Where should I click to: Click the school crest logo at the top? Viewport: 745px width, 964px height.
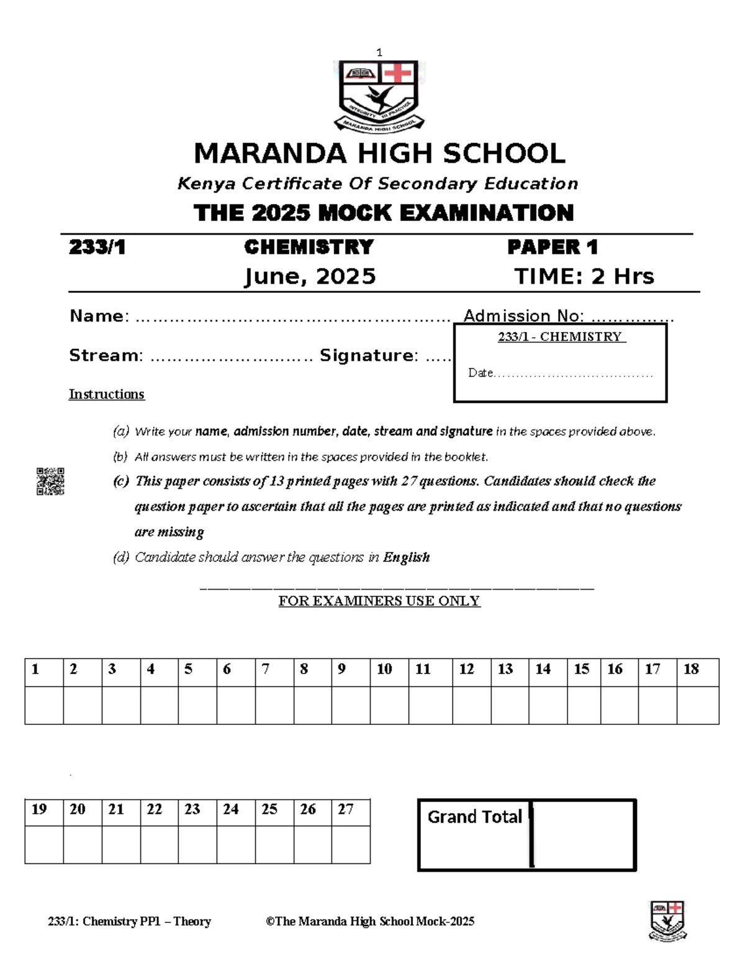coord(379,95)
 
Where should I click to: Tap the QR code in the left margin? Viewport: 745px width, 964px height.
coord(50,482)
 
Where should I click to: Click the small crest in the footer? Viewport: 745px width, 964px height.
coord(667,921)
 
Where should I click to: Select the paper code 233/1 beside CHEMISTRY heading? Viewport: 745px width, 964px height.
coord(97,247)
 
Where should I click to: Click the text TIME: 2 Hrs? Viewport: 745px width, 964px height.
coord(584,276)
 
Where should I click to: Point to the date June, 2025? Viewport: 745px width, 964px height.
coord(310,276)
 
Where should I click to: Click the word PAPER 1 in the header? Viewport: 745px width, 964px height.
coord(552,247)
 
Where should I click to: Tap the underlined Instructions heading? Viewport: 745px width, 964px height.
coord(106,394)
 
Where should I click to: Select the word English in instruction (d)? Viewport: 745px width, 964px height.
coord(406,557)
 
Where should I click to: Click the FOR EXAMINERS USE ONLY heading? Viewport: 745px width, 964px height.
coord(379,601)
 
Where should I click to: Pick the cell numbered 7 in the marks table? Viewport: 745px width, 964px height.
coord(274,670)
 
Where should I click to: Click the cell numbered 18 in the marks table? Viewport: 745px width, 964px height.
coord(697,670)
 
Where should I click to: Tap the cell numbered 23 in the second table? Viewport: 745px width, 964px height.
coord(197,810)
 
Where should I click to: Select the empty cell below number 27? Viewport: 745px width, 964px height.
coord(351,844)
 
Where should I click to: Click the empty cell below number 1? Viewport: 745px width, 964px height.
coord(43,705)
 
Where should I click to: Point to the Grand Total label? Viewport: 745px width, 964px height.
coord(474,817)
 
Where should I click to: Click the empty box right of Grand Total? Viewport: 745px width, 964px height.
coord(584,835)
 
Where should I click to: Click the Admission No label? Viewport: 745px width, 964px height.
coord(523,316)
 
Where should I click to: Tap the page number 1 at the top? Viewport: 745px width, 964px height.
coord(379,53)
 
